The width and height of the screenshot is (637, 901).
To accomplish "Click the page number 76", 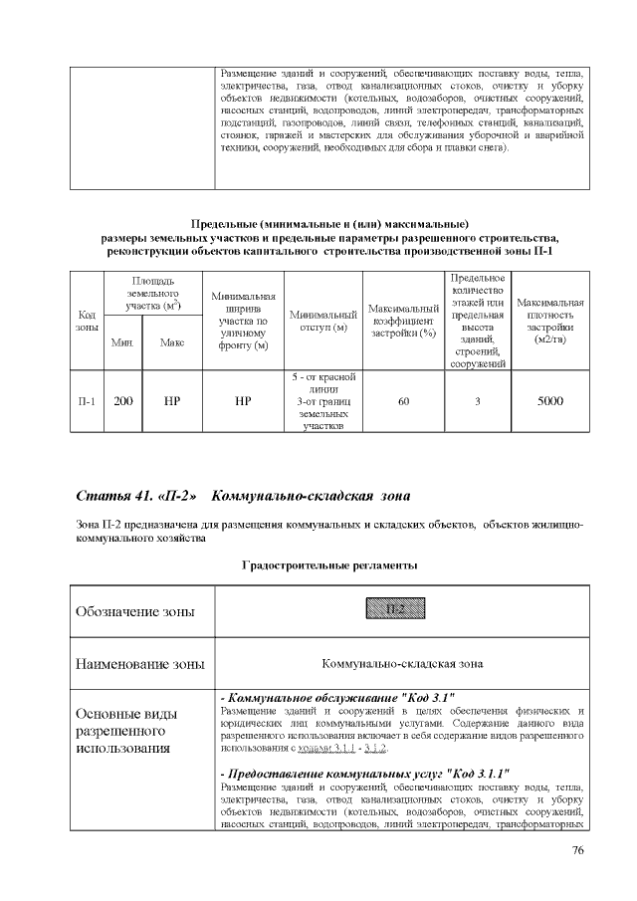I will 578,849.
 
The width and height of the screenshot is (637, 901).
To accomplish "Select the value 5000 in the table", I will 550,402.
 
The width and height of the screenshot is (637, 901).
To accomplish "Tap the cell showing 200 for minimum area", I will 123,402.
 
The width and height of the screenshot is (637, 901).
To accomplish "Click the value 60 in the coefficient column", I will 403,402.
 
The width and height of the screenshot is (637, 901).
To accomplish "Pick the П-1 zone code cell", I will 87,402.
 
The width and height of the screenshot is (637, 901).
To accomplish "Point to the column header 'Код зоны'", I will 87,321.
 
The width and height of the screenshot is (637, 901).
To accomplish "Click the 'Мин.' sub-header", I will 123,342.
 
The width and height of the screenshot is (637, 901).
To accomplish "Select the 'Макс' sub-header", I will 171,342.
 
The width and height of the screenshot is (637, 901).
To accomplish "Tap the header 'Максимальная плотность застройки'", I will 550,321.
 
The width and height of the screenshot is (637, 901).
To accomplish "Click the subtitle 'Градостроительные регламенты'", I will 329,565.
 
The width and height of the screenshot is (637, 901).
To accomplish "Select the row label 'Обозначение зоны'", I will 134,610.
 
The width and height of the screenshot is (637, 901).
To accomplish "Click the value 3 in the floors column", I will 477,402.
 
